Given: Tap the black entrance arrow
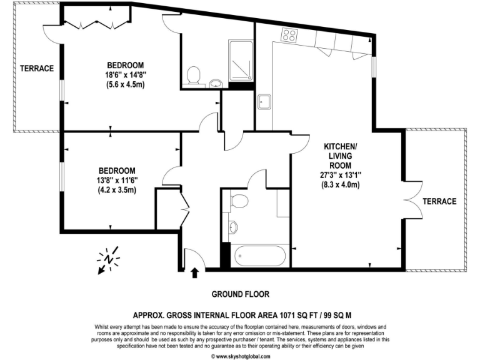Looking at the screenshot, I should click(x=194, y=272).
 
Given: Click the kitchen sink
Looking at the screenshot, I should click(x=263, y=102).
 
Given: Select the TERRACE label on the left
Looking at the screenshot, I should click(x=36, y=68).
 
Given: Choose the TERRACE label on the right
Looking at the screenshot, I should click(x=439, y=201).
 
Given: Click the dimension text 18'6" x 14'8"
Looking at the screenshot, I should click(x=126, y=74).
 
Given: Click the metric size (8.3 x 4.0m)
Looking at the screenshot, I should click(x=340, y=185).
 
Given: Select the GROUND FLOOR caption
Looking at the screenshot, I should click(x=240, y=294).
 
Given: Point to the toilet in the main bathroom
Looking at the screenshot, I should click(x=237, y=201).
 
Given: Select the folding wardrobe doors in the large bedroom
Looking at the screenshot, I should click(x=97, y=23).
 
